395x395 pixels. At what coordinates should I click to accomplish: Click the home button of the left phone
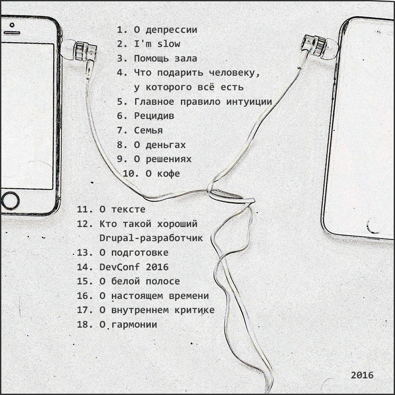[10, 201]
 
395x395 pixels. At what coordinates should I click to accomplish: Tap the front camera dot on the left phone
[12, 25]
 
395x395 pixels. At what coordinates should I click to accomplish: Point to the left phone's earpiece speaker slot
[11, 33]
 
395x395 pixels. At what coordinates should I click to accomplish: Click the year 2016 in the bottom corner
[362, 375]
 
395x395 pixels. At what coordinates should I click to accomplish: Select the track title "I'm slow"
[157, 44]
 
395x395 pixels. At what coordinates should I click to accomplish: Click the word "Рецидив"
[154, 116]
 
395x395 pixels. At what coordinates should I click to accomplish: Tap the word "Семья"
[148, 130]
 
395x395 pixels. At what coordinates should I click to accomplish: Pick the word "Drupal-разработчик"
[151, 238]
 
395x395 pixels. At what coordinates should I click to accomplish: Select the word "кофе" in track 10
[168, 173]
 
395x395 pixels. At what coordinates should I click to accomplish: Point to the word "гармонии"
[134, 324]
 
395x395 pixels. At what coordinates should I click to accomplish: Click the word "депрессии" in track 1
[171, 30]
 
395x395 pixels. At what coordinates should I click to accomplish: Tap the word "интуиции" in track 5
[249, 102]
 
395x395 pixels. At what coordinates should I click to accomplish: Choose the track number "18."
[85, 324]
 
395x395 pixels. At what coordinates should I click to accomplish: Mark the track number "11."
[85, 209]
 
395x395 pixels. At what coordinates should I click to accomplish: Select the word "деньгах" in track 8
[165, 145]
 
